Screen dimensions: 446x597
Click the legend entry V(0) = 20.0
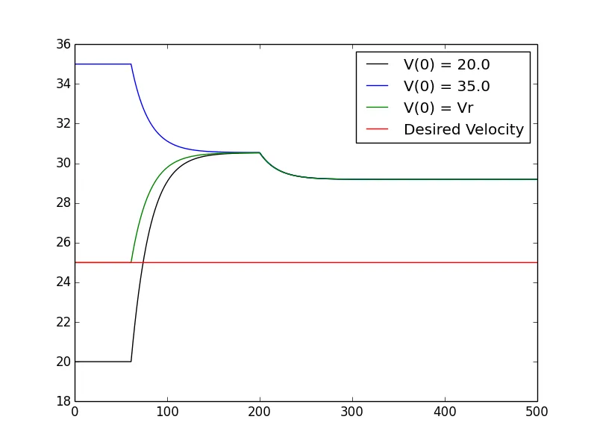[446, 65]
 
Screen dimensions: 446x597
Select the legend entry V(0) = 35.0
[446, 87]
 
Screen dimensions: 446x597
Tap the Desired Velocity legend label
[463, 129]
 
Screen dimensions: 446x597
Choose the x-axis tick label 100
[167, 412]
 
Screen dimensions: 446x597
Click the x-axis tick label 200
[260, 412]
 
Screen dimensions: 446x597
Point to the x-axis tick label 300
[352, 412]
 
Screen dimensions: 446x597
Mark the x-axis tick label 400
[445, 412]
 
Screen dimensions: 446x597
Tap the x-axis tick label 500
[537, 412]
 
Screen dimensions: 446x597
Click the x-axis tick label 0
[75, 412]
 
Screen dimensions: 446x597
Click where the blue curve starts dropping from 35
[131, 64]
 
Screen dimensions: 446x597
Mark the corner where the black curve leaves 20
[131, 362]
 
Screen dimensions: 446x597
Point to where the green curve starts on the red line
[131, 262]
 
